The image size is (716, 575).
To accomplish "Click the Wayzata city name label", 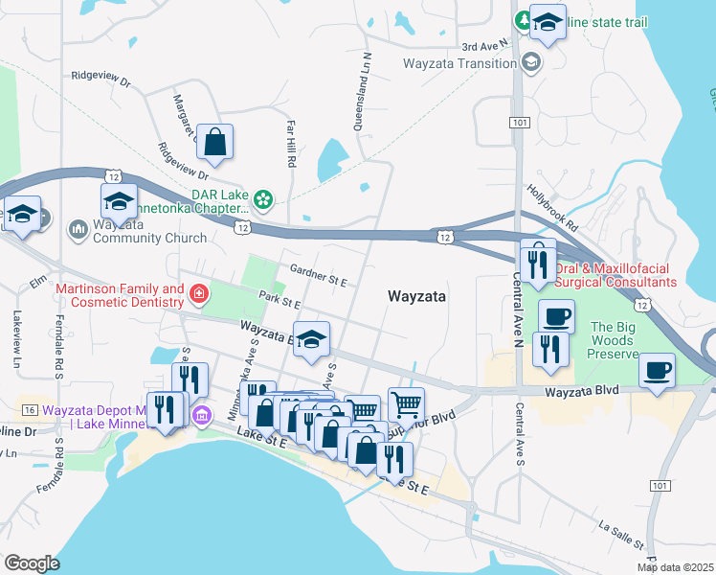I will click(417, 297).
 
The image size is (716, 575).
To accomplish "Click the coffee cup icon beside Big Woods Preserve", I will click(657, 370).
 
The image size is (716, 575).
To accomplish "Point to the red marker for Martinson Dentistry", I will click(199, 293).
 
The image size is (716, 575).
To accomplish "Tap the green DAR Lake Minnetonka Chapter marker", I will click(264, 199).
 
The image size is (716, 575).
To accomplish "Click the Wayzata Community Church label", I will click(150, 238).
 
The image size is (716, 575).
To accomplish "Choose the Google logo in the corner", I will click(33, 563).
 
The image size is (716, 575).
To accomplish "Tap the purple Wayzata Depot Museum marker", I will click(201, 414).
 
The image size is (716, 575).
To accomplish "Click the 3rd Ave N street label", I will click(481, 45).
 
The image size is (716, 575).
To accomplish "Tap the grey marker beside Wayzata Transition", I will click(529, 63).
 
